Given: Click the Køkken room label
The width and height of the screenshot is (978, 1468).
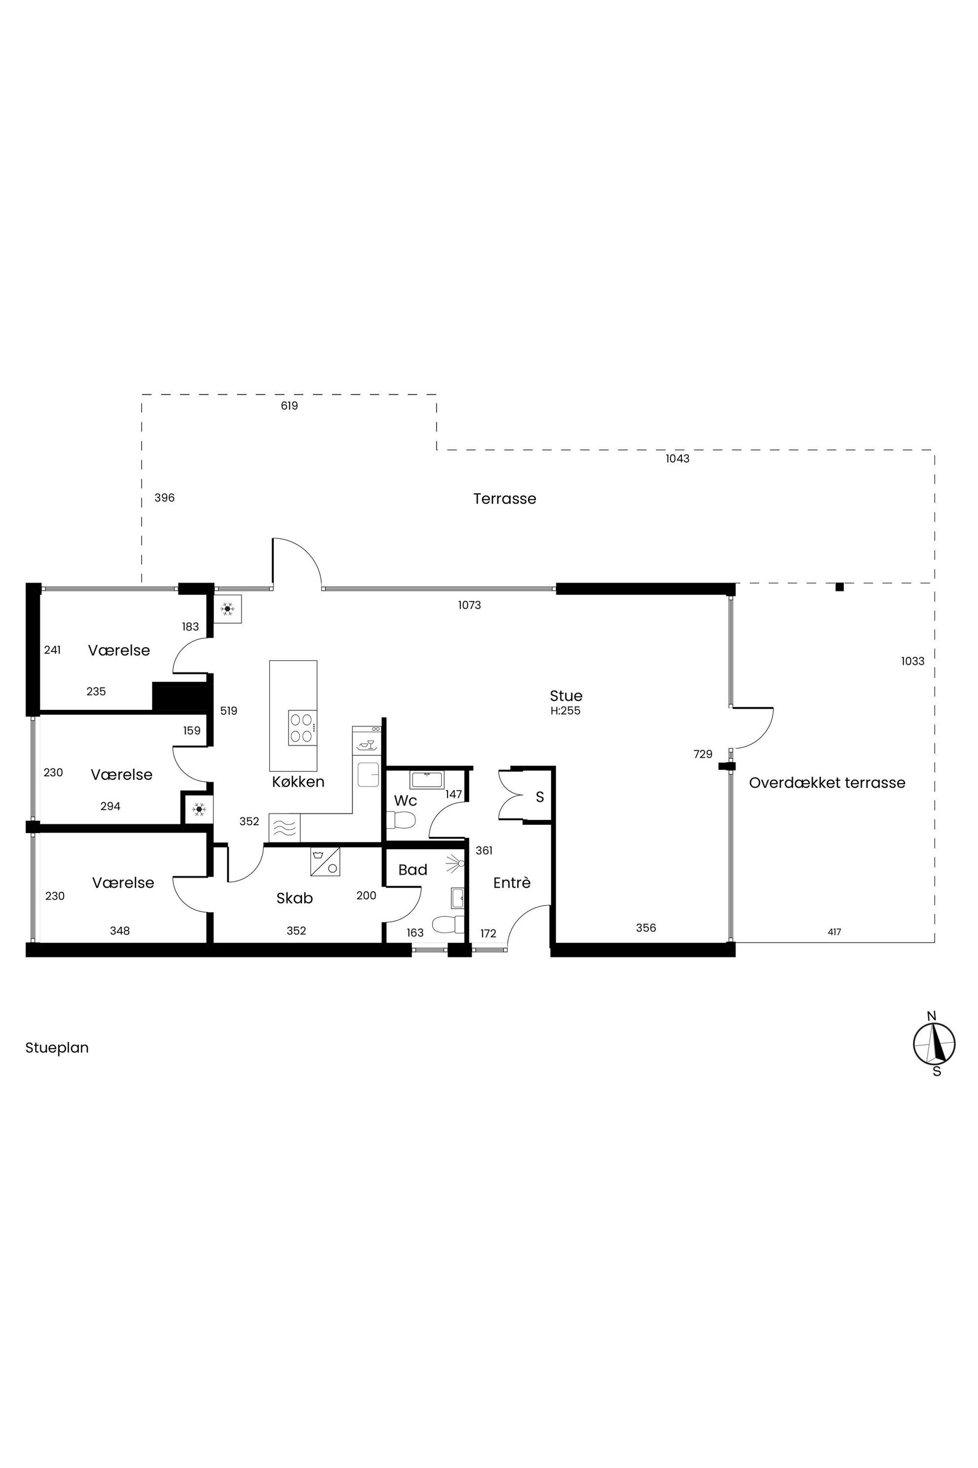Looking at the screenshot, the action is click(298, 782).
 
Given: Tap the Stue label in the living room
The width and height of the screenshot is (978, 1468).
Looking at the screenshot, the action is click(566, 696).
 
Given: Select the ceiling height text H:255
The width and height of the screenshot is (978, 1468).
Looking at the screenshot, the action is click(566, 710).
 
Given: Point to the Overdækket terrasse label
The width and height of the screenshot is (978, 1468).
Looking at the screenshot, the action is click(827, 783).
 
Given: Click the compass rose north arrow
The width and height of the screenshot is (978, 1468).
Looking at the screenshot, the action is click(934, 1043).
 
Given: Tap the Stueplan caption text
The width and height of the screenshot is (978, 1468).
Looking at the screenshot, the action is click(57, 1048).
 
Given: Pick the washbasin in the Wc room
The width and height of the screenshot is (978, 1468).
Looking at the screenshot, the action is click(426, 779).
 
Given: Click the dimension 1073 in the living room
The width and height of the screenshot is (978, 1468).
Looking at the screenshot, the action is click(469, 605).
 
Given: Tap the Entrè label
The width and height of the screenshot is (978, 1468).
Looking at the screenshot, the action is click(512, 882).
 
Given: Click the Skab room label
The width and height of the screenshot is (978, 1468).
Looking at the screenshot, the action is click(294, 898).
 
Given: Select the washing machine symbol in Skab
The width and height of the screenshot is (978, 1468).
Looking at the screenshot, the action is click(325, 861).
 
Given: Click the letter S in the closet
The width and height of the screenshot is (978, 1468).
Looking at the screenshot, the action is click(540, 797).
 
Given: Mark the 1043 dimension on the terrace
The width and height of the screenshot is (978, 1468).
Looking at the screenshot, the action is click(677, 459).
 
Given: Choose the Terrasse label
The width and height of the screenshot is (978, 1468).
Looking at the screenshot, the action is click(505, 499).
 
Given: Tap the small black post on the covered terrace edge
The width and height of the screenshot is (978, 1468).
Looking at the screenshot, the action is click(839, 587).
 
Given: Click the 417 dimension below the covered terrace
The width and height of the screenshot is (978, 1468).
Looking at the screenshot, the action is click(835, 932).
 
